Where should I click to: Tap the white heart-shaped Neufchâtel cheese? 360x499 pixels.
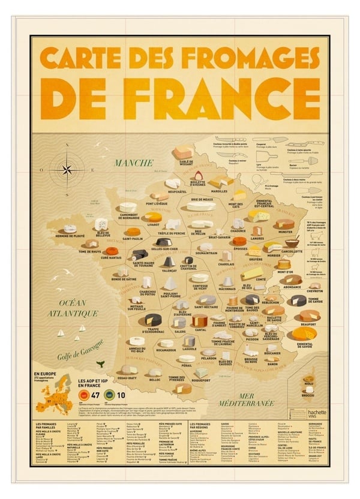tap(173, 184)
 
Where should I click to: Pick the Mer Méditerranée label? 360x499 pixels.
tap(245, 401)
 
